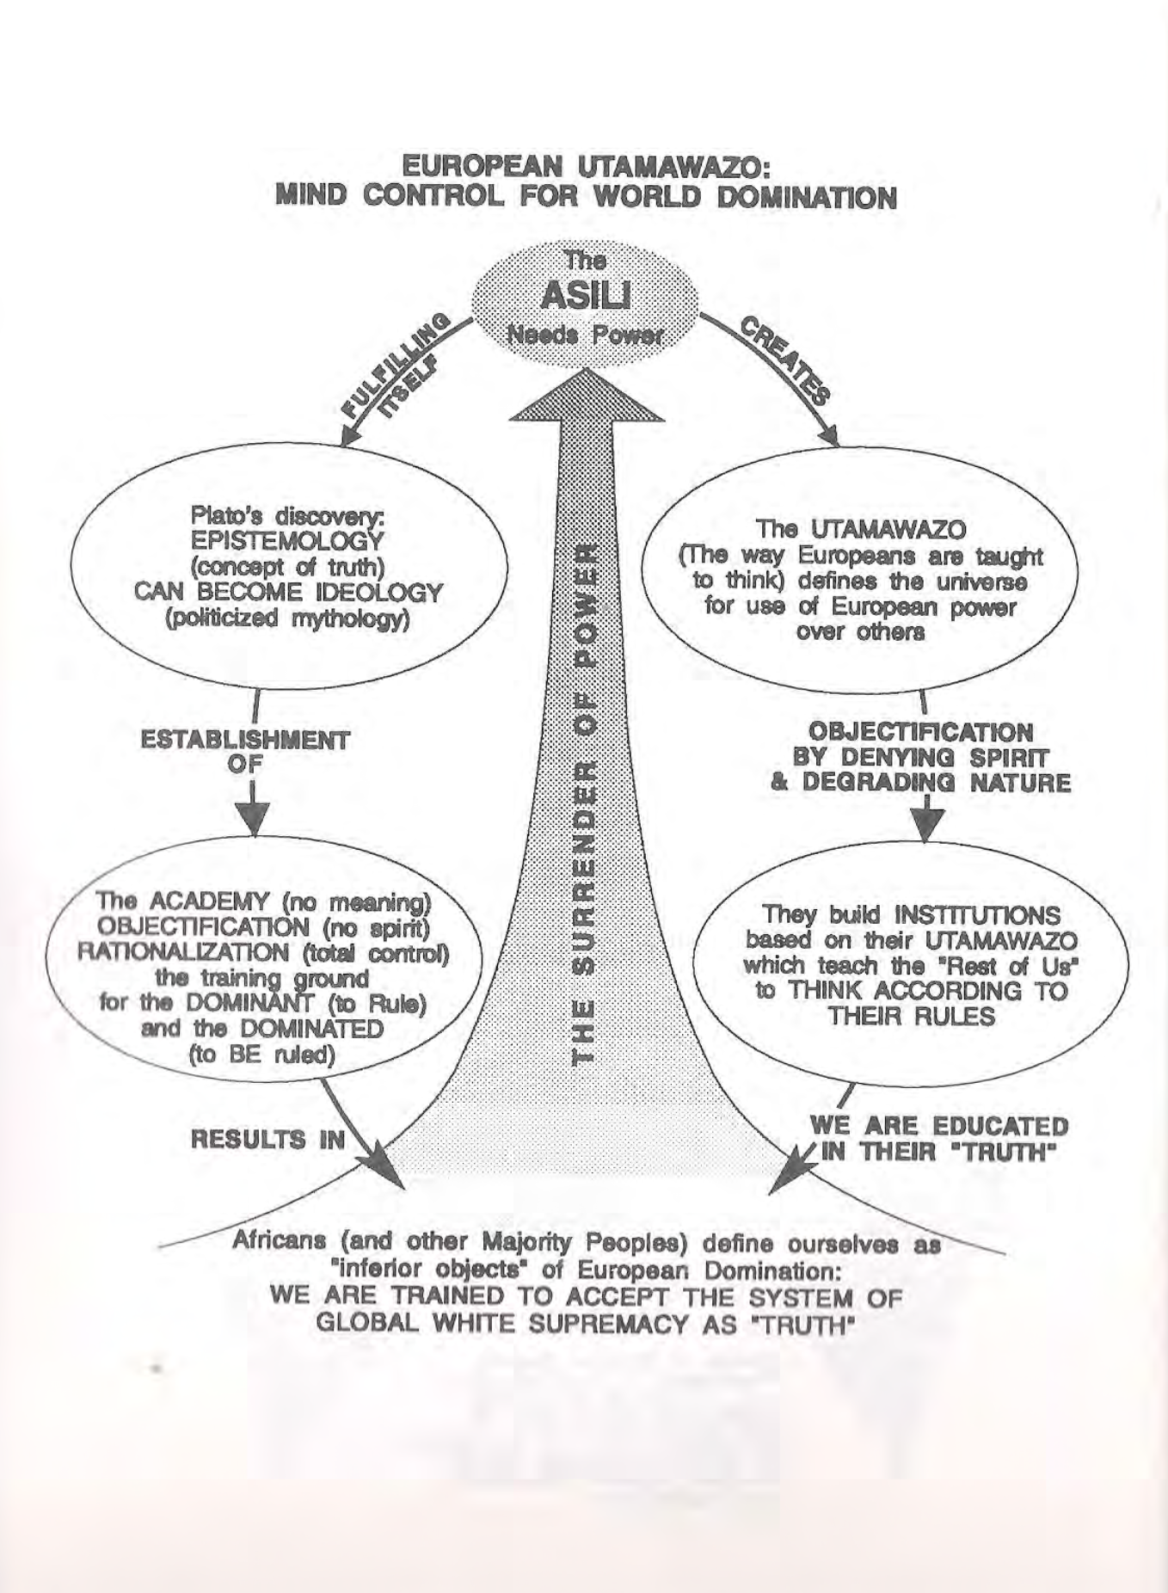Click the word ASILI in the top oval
point(585,297)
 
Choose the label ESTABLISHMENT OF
point(246,751)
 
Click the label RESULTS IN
point(267,1140)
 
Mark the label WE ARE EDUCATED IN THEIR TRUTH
point(938,1139)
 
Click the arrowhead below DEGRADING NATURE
point(926,825)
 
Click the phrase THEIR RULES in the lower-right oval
point(911,1016)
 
